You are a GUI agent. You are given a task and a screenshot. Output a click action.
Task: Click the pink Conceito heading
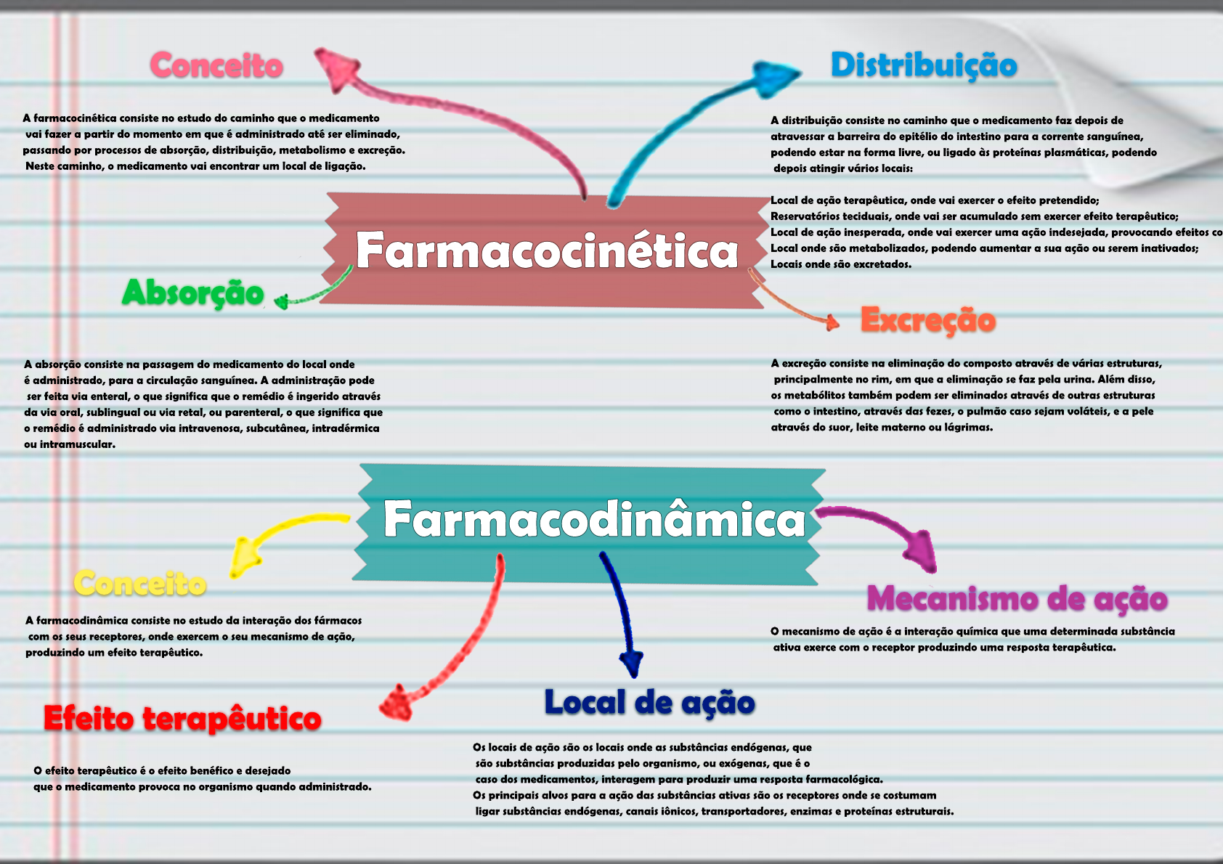(216, 65)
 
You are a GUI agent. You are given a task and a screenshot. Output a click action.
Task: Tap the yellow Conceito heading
(140, 584)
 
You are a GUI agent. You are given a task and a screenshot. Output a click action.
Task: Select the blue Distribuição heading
(924, 65)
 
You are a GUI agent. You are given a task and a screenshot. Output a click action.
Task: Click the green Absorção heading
(193, 293)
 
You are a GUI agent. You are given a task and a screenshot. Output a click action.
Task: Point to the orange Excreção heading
(928, 320)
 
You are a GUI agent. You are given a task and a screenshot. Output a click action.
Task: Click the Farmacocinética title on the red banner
(546, 250)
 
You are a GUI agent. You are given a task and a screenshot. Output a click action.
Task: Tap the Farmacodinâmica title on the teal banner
(594, 519)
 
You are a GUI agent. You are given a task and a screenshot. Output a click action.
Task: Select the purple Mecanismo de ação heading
(1017, 599)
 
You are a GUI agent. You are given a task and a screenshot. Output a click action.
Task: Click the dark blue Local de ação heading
(649, 702)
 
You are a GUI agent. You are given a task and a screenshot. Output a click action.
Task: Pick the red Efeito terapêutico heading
(182, 719)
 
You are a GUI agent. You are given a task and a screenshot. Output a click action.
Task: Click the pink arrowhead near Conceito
(336, 67)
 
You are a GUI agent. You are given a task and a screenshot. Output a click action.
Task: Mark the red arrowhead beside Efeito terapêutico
(397, 702)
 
